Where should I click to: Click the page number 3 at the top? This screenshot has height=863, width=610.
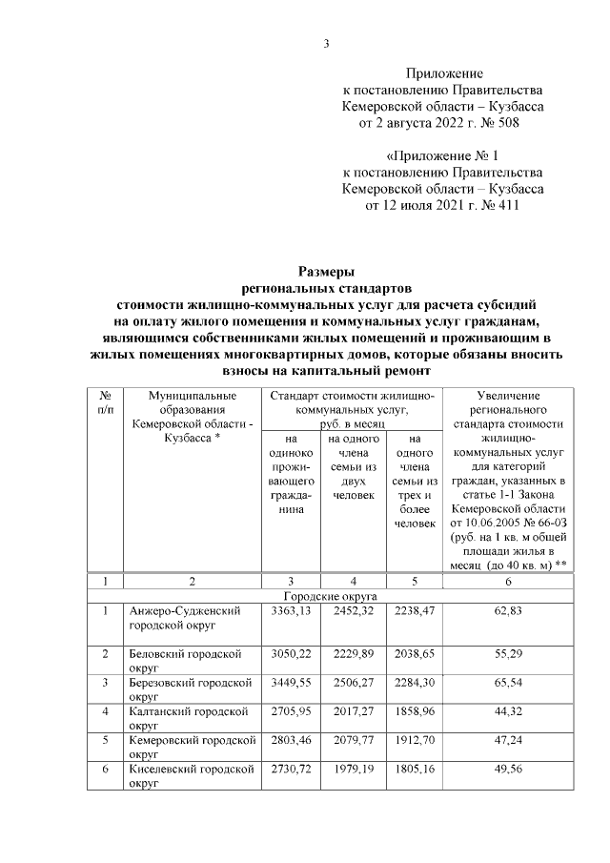point(326,43)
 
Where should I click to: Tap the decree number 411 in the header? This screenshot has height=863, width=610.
point(506,204)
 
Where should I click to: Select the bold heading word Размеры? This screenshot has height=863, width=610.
point(325,270)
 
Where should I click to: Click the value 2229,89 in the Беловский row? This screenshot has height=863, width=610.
point(354,653)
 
